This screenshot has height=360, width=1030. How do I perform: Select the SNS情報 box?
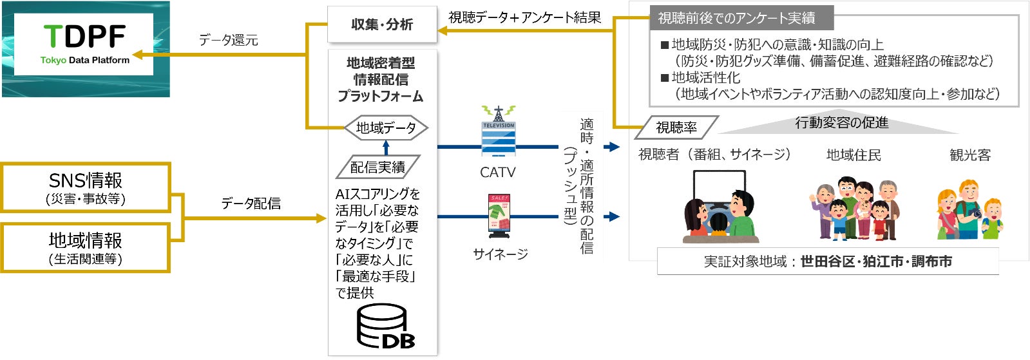pos(86,187)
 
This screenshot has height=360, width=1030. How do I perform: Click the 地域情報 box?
pos(86,248)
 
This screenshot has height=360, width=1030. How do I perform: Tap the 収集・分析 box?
pos(381,24)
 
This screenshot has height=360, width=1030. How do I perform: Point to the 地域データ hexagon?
pos(386,128)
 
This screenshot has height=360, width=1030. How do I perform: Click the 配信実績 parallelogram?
pos(377,167)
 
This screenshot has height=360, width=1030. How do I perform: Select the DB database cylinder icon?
pos(385,327)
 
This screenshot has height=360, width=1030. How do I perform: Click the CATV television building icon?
pos(499,133)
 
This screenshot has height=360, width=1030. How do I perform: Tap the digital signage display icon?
pos(499,213)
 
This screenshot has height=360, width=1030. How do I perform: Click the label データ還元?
pos(228,41)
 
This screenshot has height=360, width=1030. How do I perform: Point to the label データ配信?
pos(251,204)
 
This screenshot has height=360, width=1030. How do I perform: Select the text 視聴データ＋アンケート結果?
pos(524,18)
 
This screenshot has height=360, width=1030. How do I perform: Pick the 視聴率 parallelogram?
pos(676,128)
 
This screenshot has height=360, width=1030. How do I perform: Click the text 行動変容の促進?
pos(841,122)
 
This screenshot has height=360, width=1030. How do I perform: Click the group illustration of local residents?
pos(854,209)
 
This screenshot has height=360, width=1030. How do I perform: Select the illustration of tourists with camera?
pos(969,210)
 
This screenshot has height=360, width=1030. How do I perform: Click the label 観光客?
pos(969,155)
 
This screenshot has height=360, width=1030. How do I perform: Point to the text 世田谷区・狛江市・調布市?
pos(876,261)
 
